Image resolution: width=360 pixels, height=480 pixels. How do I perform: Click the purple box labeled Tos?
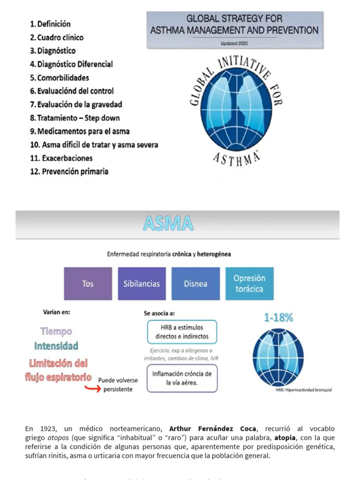(88, 284)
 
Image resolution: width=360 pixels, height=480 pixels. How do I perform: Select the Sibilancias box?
(142, 284)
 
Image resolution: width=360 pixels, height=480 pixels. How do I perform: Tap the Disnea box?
(195, 284)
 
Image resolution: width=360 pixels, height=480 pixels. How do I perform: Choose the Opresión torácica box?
(249, 284)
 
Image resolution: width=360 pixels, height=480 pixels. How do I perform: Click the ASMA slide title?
(168, 224)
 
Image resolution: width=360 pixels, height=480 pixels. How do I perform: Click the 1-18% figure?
(278, 317)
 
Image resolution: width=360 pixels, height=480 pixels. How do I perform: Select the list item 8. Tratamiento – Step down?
(75, 118)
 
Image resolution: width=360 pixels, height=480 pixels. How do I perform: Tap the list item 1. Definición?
(50, 24)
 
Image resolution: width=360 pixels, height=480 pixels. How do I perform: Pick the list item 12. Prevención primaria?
(69, 172)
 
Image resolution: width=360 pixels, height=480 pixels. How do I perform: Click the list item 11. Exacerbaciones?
(61, 158)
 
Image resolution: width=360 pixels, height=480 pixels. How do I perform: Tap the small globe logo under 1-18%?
(278, 357)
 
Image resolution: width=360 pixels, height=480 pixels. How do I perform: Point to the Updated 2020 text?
(234, 43)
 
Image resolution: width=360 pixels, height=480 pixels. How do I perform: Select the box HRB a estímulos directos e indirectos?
(182, 332)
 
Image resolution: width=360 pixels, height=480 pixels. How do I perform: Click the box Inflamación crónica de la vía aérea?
(182, 378)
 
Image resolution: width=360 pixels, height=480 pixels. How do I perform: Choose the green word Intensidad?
(56, 346)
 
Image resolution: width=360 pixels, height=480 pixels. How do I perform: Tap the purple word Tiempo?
(56, 331)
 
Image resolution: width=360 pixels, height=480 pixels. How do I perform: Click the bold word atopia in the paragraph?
(285, 438)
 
